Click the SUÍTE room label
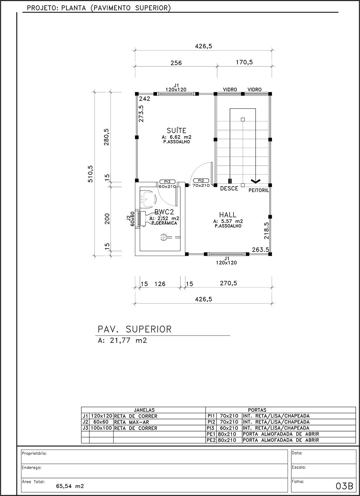(176, 130)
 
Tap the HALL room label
(228, 214)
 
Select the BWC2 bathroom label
(164, 212)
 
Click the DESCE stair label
(229, 188)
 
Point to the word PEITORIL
(259, 190)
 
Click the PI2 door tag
(201, 181)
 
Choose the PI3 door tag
(167, 182)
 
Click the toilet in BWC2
(148, 219)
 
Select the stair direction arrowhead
(256, 181)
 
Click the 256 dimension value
(176, 63)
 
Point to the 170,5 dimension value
(244, 62)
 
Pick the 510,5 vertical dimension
(90, 174)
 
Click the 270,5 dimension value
(228, 283)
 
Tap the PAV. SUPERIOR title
(135, 329)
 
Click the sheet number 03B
(344, 486)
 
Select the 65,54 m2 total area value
(70, 486)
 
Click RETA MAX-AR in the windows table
(132, 422)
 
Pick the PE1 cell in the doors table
(211, 434)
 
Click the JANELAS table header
(144, 410)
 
